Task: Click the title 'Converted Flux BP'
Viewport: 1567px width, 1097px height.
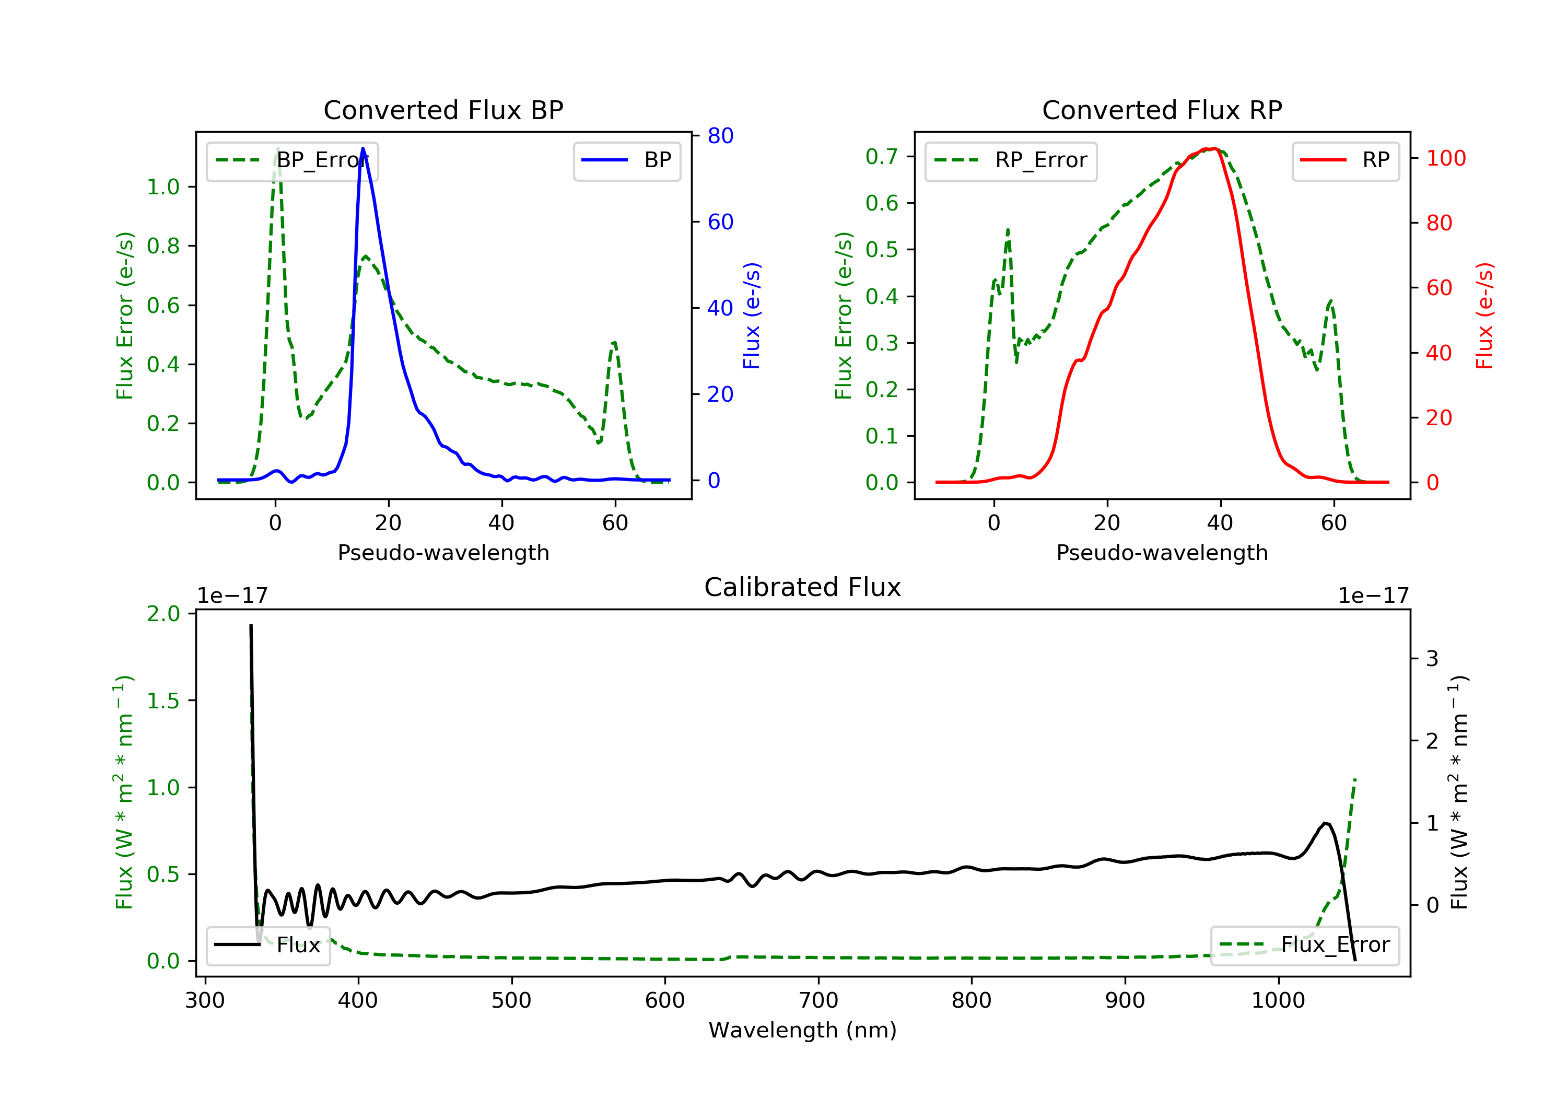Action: pos(443,110)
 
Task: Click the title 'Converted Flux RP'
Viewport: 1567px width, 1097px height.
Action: pos(1162,110)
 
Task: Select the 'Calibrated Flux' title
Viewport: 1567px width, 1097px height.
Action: pos(803,587)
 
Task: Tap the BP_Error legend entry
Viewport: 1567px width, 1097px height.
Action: pos(291,160)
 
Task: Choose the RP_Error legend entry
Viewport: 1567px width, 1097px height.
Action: pos(1011,160)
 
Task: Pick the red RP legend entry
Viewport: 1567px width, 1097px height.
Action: pos(1345,160)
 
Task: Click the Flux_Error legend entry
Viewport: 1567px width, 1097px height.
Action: pos(1304,945)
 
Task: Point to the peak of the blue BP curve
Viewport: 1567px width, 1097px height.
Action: pos(362,148)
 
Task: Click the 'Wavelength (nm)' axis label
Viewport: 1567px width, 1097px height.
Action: pos(803,1030)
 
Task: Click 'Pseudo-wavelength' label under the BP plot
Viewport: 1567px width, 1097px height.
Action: pos(443,552)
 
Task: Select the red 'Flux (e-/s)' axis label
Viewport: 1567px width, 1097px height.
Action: pos(1484,316)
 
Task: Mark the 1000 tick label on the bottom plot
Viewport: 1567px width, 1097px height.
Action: pos(1278,1001)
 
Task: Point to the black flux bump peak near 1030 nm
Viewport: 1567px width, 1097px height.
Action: pos(1325,823)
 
